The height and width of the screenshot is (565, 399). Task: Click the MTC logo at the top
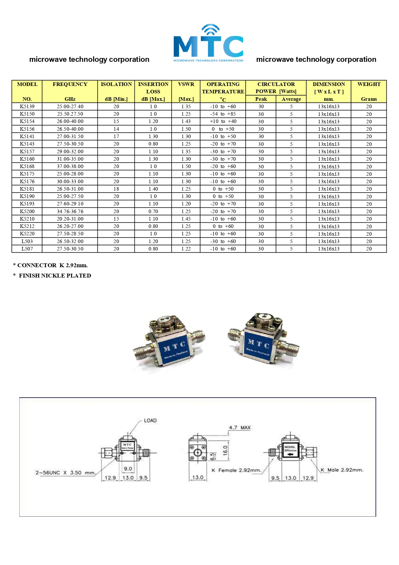(208, 43)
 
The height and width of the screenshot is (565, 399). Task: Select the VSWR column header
(186, 84)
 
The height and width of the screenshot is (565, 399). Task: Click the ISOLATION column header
(116, 84)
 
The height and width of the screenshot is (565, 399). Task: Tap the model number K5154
(27, 121)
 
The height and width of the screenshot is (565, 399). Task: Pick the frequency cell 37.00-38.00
(70, 166)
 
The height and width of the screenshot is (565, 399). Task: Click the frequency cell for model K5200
(70, 212)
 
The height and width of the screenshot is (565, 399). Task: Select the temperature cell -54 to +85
(223, 114)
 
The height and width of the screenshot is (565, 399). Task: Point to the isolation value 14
(116, 129)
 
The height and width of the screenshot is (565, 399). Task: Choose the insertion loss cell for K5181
(153, 189)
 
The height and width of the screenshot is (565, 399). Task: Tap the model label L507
(27, 249)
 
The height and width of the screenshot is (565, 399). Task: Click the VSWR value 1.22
(186, 249)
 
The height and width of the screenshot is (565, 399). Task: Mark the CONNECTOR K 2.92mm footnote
(50, 265)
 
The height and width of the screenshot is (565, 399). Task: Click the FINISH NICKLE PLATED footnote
(52, 276)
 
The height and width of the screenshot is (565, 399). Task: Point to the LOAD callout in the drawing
(150, 420)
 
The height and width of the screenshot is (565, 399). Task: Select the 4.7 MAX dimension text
(240, 428)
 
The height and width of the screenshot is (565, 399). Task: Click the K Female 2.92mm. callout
(236, 470)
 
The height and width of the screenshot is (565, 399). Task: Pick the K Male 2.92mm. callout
(342, 470)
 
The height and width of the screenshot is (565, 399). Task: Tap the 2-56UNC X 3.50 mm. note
(65, 473)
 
